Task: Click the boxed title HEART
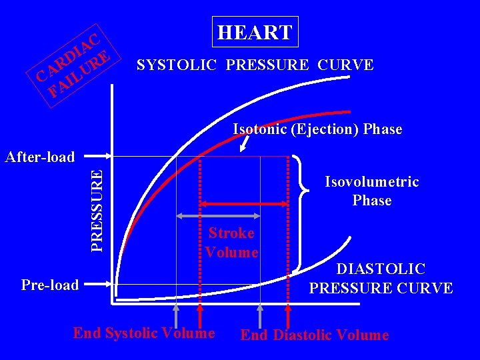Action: [x=255, y=32]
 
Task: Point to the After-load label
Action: [x=39, y=157]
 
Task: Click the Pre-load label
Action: [x=50, y=285]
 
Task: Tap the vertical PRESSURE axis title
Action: [x=97, y=210]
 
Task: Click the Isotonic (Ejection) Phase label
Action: [x=317, y=129]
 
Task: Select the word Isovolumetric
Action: [x=371, y=182]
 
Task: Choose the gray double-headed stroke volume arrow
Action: [x=218, y=216]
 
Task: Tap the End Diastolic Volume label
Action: [x=314, y=335]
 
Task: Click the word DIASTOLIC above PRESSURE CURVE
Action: [x=381, y=269]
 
